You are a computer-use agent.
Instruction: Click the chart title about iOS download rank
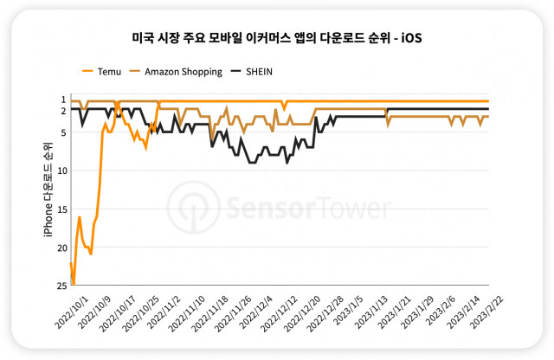(x=276, y=39)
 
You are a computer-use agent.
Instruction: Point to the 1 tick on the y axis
(x=63, y=100)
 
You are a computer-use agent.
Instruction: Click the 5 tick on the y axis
(x=63, y=132)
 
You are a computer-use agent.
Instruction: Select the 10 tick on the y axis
(x=62, y=170)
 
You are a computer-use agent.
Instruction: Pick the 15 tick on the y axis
(x=62, y=209)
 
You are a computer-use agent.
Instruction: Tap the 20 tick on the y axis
(x=62, y=247)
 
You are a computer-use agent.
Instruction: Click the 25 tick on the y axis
(x=62, y=286)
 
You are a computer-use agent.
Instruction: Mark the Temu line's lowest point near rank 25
(x=74, y=284)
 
